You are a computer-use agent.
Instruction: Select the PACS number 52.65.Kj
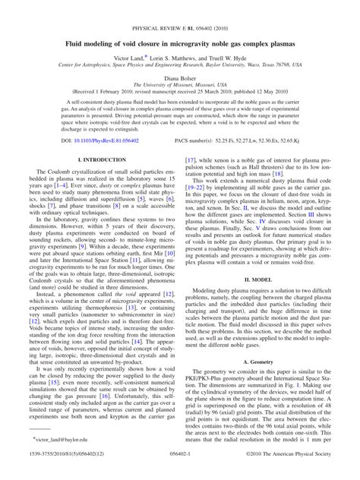(x=288, y=141)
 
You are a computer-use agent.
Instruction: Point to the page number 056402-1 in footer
(x=179, y=474)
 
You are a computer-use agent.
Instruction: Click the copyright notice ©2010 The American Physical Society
(x=291, y=474)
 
